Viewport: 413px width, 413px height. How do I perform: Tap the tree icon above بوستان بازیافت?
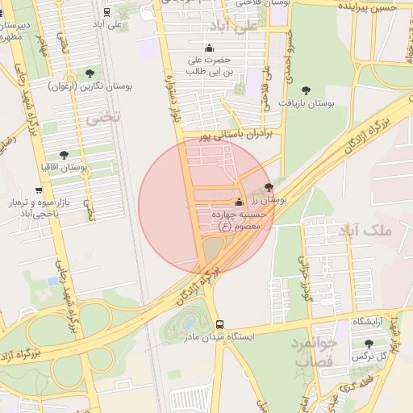305,90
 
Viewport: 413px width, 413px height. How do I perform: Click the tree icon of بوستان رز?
269,186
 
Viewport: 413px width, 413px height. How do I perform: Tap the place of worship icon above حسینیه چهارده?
238,202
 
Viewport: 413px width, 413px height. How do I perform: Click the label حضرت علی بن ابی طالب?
209,65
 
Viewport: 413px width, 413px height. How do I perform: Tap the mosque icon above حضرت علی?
210,48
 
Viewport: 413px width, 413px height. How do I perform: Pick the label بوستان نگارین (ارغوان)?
88,85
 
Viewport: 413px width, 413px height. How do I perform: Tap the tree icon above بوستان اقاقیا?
64,154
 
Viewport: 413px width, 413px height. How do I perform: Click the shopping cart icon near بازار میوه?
39,190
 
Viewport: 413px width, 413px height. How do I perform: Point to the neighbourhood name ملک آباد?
365,232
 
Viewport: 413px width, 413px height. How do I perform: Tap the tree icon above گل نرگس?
369,344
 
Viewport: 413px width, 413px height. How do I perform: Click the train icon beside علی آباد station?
107,12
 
